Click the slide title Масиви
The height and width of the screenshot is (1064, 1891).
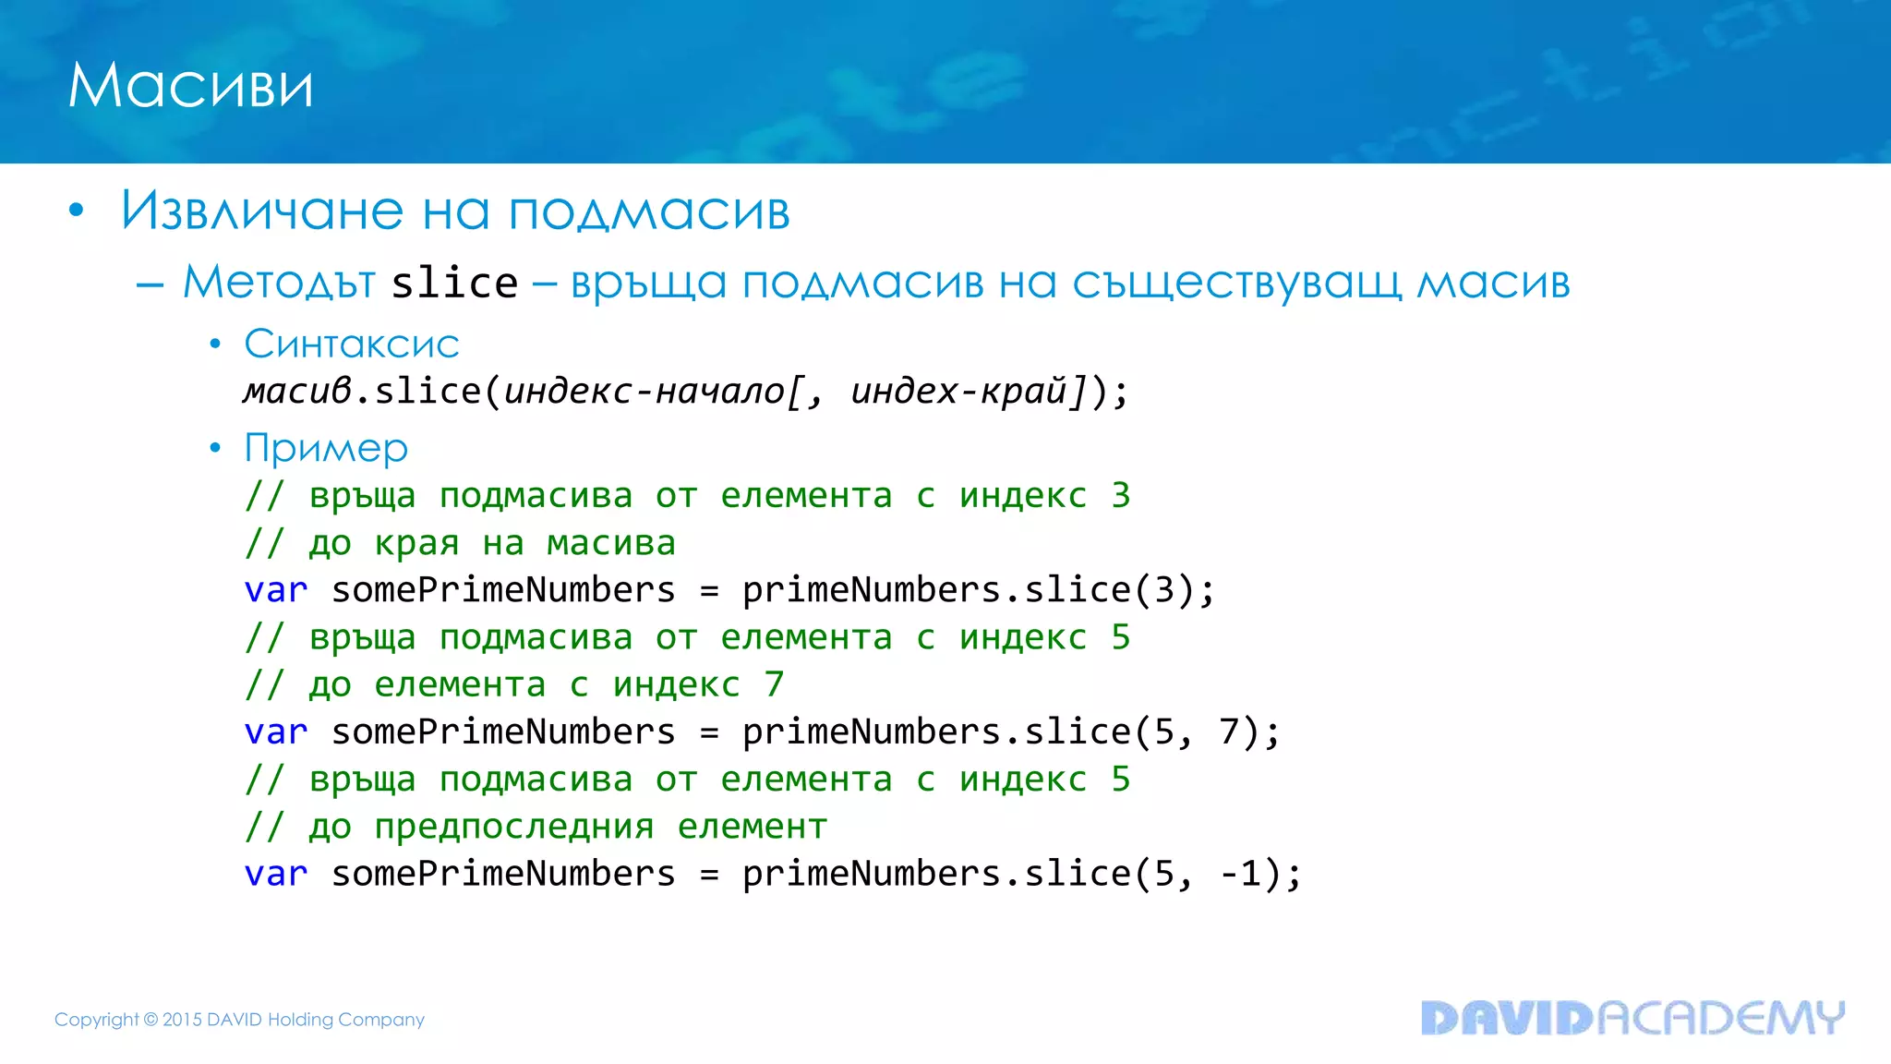(x=190, y=86)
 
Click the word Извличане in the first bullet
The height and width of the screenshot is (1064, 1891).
(x=262, y=211)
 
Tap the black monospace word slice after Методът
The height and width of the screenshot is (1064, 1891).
(x=454, y=283)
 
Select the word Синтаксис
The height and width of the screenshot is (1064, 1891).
(x=352, y=345)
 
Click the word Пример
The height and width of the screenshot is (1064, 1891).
(x=326, y=449)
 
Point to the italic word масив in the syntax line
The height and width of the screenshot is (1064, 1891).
(x=297, y=392)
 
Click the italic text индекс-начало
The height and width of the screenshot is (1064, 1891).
(x=644, y=392)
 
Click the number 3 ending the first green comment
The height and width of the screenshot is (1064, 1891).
(x=1121, y=496)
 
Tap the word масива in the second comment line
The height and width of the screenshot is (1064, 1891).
(x=611, y=543)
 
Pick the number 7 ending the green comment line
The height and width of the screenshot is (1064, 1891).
(x=774, y=685)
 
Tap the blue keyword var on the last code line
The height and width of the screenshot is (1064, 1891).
(x=275, y=874)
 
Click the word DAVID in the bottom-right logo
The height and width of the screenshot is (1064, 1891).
(x=1507, y=1018)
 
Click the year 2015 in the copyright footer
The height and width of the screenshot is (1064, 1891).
(x=182, y=1020)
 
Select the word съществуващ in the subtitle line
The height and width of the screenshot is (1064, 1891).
(x=1237, y=283)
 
